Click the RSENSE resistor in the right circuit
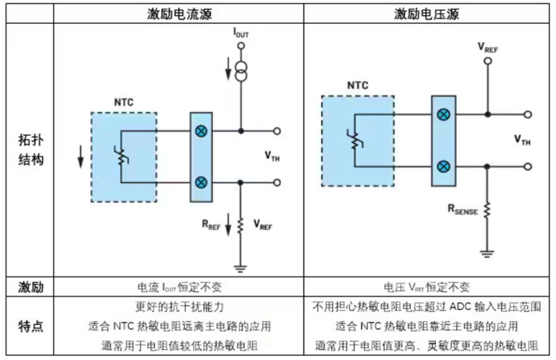[x=486, y=211]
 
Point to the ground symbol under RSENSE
[x=486, y=253]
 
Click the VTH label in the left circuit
[x=272, y=157]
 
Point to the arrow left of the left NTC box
[x=79, y=157]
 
